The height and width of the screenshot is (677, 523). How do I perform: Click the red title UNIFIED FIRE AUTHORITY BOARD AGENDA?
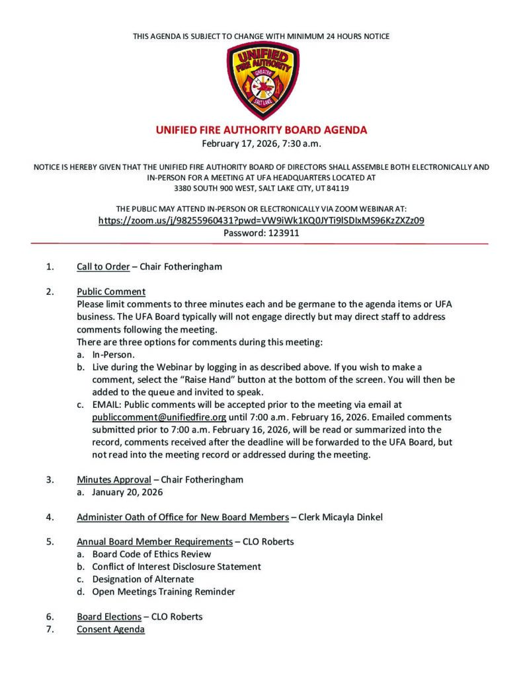point(261,130)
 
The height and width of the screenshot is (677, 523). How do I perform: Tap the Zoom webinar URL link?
point(261,221)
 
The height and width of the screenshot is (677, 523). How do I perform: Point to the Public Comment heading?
point(111,292)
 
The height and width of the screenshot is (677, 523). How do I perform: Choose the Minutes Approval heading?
point(113,479)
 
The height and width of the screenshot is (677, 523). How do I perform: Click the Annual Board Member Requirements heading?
point(154,541)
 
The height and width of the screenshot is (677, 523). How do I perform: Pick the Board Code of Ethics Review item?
point(151,554)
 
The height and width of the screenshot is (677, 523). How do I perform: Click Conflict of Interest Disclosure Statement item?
point(177,567)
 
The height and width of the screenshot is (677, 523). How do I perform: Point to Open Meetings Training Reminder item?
point(163,592)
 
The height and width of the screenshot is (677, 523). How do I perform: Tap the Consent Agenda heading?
point(110,629)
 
